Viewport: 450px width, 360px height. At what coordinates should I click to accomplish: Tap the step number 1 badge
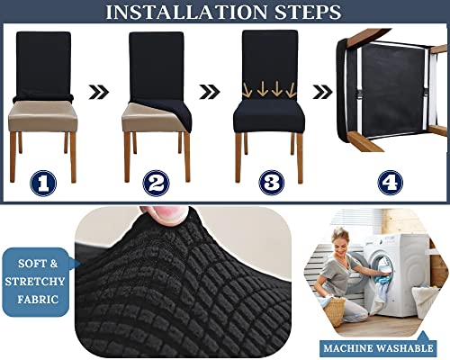[43, 183]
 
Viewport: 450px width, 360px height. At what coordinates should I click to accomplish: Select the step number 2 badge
[157, 183]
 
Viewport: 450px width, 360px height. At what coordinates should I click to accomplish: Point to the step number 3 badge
[270, 183]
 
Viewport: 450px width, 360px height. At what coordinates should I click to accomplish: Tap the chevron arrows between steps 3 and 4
[321, 91]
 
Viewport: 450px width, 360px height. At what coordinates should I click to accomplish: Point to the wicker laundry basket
[335, 311]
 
